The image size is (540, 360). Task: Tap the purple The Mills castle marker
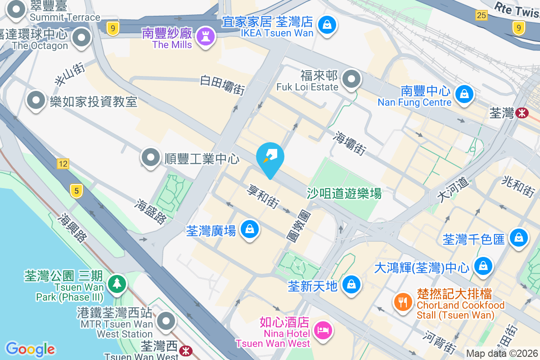(x=206, y=36)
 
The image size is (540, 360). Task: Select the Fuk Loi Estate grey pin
(x=351, y=80)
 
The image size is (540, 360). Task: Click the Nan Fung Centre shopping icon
(x=463, y=94)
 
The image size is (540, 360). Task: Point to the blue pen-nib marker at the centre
(x=270, y=158)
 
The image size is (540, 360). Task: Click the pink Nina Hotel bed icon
(x=323, y=330)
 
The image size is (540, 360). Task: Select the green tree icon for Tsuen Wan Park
(x=117, y=283)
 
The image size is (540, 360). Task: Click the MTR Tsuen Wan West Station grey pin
(x=166, y=321)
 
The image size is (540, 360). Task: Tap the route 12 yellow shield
(x=63, y=164)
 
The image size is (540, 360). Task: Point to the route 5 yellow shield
(x=76, y=191)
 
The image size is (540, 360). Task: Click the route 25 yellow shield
(x=481, y=15)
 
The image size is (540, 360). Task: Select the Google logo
(x=30, y=349)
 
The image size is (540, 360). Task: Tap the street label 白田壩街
(x=222, y=85)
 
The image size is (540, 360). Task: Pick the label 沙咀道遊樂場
(x=344, y=193)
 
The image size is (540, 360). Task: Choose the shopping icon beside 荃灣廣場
(x=249, y=229)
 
